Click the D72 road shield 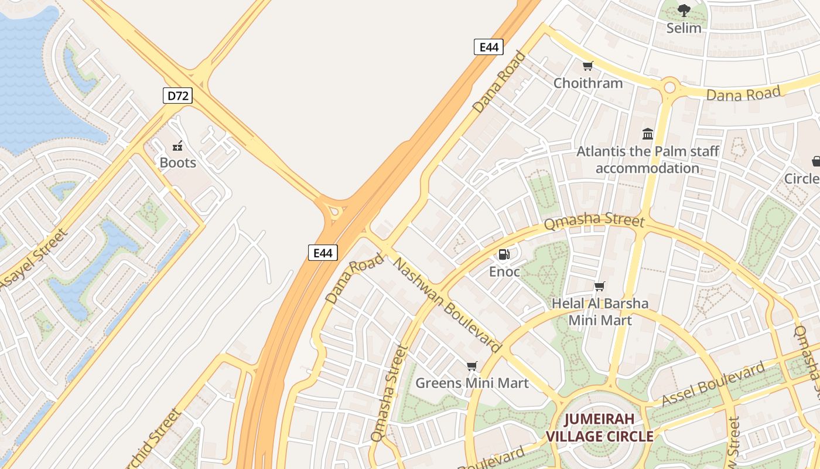[177, 96]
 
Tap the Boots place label [177, 162]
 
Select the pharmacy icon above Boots [177, 146]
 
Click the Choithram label [588, 83]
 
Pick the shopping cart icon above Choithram [587, 66]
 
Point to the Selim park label [684, 28]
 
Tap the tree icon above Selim [684, 10]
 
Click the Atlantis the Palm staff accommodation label [647, 159]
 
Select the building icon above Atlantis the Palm [647, 134]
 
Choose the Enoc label [504, 271]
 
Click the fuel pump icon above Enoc [504, 254]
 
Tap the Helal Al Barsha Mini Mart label [600, 312]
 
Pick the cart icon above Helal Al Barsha [599, 287]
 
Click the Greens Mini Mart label [471, 383]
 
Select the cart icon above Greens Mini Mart [471, 366]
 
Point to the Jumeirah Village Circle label [599, 427]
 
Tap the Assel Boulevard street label [713, 384]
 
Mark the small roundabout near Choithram [669, 88]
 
